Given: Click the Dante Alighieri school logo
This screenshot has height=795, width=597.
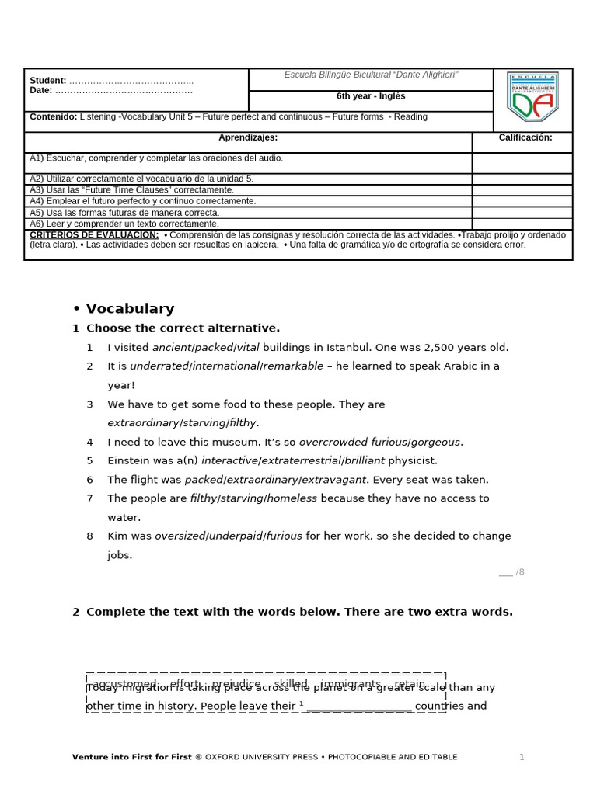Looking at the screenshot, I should coord(532,97).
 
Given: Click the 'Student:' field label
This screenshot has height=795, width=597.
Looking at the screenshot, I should coord(48,81).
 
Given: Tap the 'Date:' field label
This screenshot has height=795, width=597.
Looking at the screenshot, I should coord(41,91).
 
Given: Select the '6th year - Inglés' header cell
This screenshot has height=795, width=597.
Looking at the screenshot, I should coord(371,97).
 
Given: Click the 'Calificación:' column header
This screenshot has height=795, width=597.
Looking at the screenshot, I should coord(525,138).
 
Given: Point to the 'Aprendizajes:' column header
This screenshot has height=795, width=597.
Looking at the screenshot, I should coord(248,138).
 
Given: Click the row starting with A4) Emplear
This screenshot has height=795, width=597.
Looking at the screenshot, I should coord(142,201).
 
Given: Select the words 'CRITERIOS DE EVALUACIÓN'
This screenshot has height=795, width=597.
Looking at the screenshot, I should coord(94,235).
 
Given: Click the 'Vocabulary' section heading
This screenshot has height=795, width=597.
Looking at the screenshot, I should coord(130,309).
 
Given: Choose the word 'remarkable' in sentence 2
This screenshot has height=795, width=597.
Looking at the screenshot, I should coord(293,366).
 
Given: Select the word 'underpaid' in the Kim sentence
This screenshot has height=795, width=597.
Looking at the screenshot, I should coord(236,536).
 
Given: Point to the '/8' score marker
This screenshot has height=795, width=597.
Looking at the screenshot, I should coord(519,572).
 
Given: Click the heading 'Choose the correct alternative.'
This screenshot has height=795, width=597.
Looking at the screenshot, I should coord(183,328).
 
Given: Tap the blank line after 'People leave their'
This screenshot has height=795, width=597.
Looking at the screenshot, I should coord(359,707).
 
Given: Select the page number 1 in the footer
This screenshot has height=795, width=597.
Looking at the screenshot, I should coord(522,757).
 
